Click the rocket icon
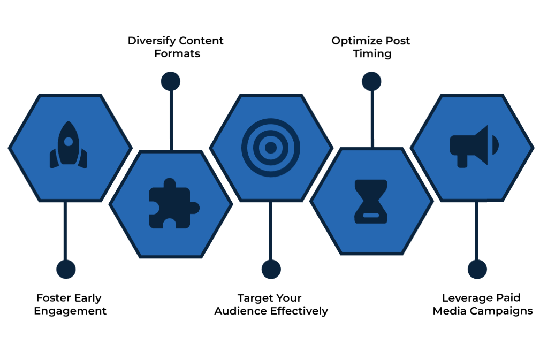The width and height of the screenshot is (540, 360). tap(69, 145)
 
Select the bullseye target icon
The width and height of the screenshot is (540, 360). tap(271, 147)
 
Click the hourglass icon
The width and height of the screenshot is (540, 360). tap(370, 201)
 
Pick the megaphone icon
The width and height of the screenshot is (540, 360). tap(474, 145)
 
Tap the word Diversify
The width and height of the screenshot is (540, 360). tap(151, 41)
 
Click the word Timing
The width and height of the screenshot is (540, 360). tap(372, 54)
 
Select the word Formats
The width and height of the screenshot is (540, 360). tap(177, 54)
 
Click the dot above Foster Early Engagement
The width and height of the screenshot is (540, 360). tap(66, 269)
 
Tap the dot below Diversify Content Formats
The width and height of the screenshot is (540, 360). tap(171, 81)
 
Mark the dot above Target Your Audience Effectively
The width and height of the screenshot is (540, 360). tap(271, 269)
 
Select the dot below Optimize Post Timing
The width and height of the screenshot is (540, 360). tap(371, 81)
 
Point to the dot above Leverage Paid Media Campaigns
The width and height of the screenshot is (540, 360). tap(477, 269)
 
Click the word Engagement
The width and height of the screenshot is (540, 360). tap(70, 311)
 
